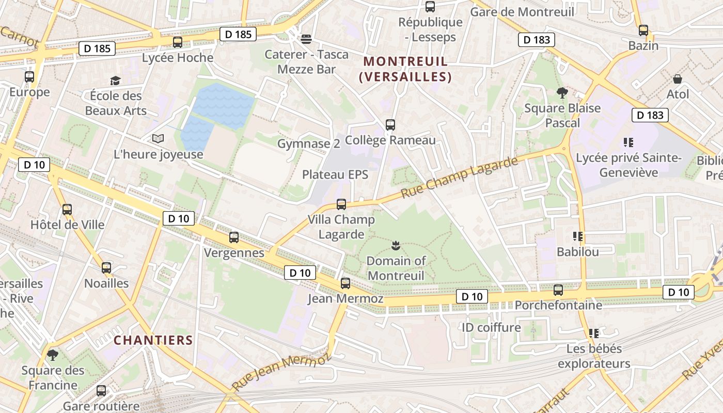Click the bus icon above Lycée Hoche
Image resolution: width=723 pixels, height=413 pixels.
178,42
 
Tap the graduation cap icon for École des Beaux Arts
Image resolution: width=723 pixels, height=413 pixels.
115,81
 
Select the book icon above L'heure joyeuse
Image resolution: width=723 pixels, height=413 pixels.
158,139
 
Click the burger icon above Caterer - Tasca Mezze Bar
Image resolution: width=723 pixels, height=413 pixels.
306,39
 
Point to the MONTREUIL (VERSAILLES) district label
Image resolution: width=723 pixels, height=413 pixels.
405,69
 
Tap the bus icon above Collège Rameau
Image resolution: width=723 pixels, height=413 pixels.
390,124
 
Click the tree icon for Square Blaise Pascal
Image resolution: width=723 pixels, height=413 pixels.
562,93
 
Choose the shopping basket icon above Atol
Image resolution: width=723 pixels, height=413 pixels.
678,79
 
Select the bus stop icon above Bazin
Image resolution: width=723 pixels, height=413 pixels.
643,30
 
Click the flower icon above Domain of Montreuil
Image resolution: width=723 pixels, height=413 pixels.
396,245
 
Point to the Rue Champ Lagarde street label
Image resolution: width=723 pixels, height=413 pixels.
459,178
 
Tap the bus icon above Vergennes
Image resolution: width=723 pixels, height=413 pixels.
234,237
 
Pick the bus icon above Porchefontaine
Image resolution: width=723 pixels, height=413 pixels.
558,290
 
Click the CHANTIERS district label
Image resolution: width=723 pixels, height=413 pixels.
153,340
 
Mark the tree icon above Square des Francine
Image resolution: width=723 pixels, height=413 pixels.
52,355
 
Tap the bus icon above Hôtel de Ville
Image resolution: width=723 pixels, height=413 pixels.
67,209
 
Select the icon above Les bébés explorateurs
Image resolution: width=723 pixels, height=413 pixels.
594,333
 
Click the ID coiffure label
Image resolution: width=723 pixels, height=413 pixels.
491,327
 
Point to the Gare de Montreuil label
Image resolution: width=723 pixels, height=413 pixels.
522,11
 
